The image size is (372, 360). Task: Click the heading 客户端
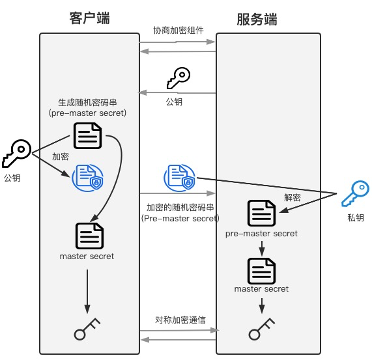tap(89, 18)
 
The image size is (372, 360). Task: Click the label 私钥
tap(356, 217)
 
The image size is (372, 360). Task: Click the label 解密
tap(293, 196)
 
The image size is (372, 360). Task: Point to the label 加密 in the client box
tap(61, 157)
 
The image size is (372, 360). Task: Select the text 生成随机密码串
tap(87, 102)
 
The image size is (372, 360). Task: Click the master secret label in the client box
tap(87, 256)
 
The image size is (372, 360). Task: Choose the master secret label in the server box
tap(261, 288)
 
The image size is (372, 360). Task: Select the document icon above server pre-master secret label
tap(261, 213)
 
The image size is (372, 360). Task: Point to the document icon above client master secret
tap(88, 236)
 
